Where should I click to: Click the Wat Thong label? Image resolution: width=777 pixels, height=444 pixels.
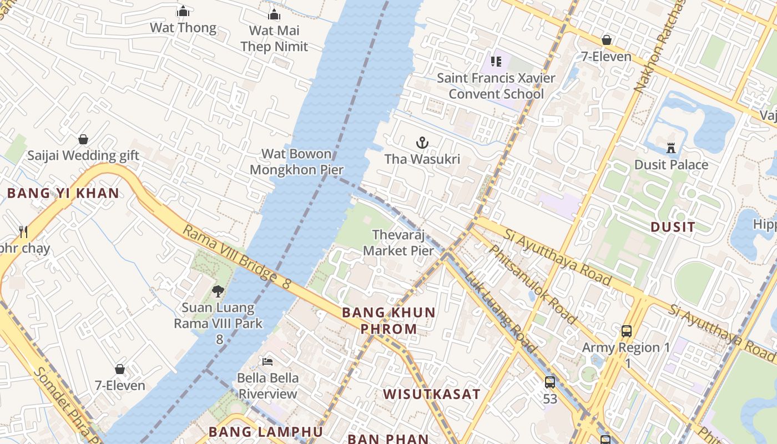[x=183, y=28]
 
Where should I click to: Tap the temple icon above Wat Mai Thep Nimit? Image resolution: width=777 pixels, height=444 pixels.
[x=274, y=14]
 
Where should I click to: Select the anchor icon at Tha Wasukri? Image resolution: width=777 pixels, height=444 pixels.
[x=422, y=143]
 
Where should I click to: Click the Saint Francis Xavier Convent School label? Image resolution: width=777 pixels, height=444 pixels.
[x=496, y=86]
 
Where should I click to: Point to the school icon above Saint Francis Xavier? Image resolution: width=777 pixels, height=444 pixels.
[x=496, y=61]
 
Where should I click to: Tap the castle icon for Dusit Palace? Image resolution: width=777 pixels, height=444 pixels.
[x=671, y=148]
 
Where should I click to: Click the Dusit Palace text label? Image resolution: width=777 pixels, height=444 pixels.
[x=671, y=165]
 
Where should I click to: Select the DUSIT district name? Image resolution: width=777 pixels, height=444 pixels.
[x=673, y=226]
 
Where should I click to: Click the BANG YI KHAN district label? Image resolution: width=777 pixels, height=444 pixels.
[x=63, y=193]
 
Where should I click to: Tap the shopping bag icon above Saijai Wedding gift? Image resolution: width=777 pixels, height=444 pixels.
[x=83, y=139]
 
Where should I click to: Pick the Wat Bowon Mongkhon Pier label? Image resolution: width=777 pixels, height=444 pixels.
[x=296, y=162]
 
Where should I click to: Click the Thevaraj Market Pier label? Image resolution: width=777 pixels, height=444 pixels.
[x=398, y=243]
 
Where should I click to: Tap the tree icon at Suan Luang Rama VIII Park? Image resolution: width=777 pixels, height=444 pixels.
[x=218, y=291]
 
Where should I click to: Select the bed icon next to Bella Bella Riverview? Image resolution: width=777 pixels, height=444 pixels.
[x=268, y=362]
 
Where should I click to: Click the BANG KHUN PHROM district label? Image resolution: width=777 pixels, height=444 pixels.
[x=389, y=320]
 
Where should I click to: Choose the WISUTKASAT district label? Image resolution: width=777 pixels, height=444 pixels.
[x=431, y=395]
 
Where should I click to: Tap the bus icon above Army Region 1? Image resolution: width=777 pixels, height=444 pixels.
[x=627, y=331]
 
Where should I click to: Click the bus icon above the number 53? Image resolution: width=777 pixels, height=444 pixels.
[x=550, y=382]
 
